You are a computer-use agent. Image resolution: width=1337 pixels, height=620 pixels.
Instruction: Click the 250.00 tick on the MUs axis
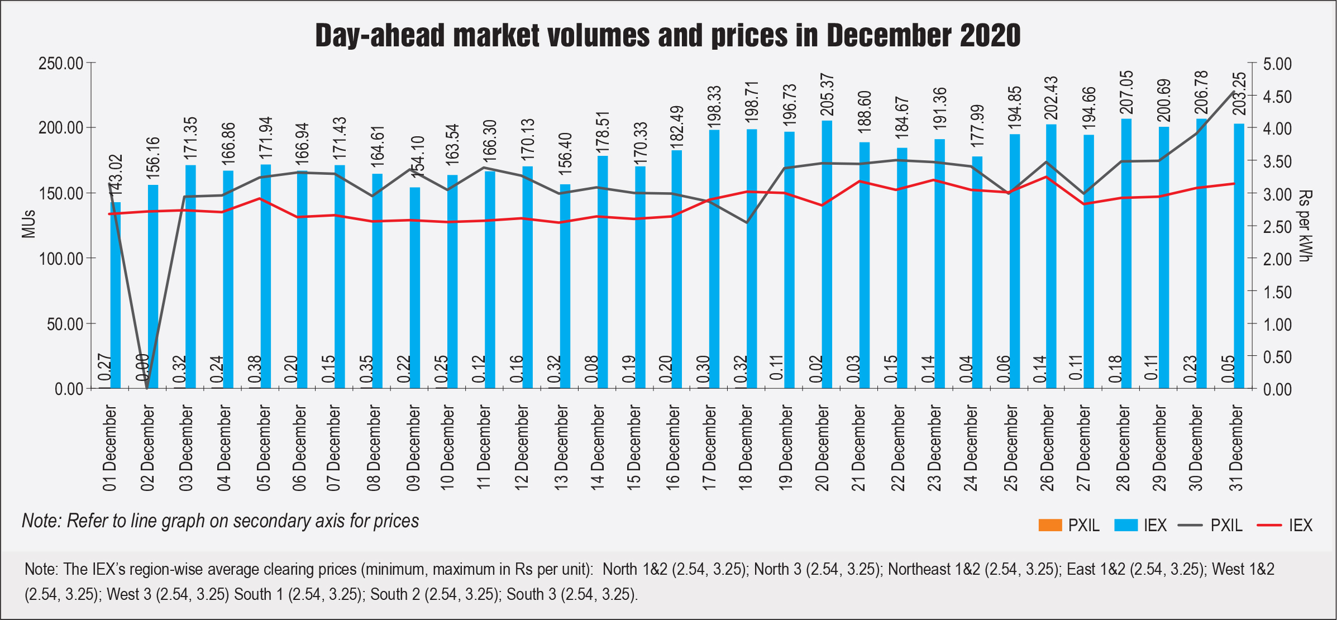(x=60, y=64)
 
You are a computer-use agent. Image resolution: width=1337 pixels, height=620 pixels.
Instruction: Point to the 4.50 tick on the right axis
(x=1278, y=97)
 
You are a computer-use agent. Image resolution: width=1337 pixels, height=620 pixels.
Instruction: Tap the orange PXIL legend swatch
(x=1050, y=525)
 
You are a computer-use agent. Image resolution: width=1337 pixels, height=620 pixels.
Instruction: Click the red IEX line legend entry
(x=1284, y=525)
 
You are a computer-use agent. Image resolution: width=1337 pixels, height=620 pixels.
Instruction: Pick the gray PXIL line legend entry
(x=1210, y=525)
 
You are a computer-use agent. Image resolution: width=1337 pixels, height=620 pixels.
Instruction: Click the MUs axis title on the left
(x=28, y=224)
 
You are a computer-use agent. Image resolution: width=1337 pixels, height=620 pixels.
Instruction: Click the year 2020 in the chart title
(x=990, y=36)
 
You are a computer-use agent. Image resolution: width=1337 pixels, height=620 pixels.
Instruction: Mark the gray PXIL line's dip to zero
(x=147, y=388)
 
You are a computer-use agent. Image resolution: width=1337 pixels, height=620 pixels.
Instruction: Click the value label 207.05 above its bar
(x=1126, y=92)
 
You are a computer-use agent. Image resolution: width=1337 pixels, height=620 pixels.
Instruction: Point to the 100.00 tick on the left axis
(x=60, y=259)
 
